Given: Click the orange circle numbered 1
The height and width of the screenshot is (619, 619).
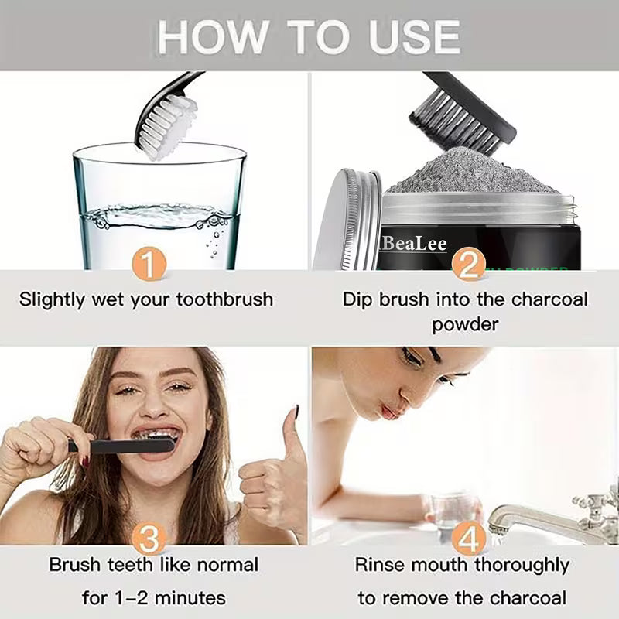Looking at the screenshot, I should pos(149,265).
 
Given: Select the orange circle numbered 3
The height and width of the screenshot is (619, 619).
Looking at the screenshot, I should pos(149,539).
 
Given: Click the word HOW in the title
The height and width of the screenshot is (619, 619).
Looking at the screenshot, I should pos(206,36).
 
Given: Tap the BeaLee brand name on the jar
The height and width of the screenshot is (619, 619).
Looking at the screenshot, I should pos(414,243).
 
